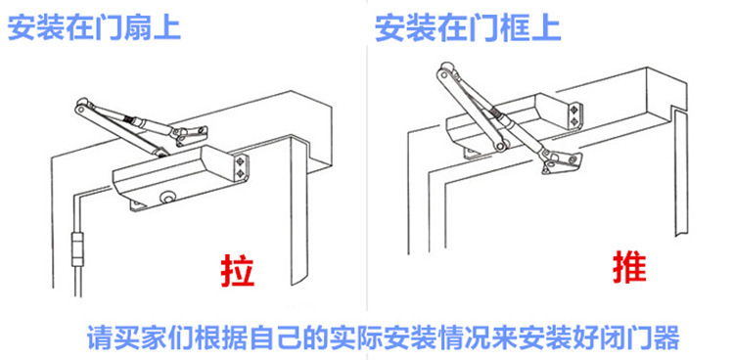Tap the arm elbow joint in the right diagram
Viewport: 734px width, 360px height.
[x=444, y=73]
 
